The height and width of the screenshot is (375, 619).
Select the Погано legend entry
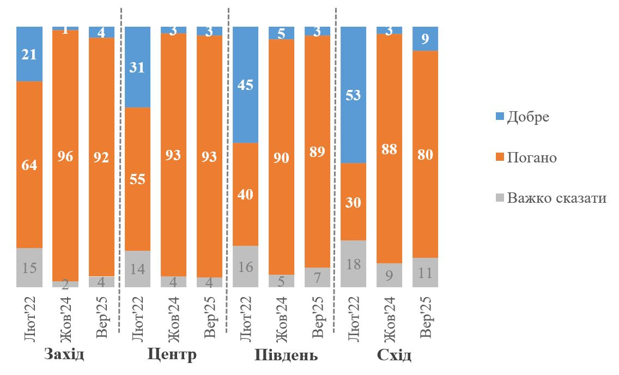point(525,158)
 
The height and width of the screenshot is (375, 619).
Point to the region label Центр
point(172,355)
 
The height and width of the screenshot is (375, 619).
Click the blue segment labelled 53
point(354,95)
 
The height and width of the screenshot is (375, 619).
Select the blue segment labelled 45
point(246,84)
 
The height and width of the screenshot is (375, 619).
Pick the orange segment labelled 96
point(65,155)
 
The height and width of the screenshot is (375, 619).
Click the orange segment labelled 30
point(354,202)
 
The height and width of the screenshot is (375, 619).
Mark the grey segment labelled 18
point(354,263)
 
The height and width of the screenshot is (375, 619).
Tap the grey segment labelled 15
point(29,267)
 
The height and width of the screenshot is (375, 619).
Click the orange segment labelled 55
point(137,179)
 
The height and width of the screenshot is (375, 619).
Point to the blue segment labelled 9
point(426,38)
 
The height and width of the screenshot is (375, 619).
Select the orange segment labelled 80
point(426,154)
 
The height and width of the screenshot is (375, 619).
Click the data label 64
point(29,165)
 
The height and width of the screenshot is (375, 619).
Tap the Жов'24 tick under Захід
point(65,316)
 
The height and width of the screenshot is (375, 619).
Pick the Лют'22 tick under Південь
point(246,316)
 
